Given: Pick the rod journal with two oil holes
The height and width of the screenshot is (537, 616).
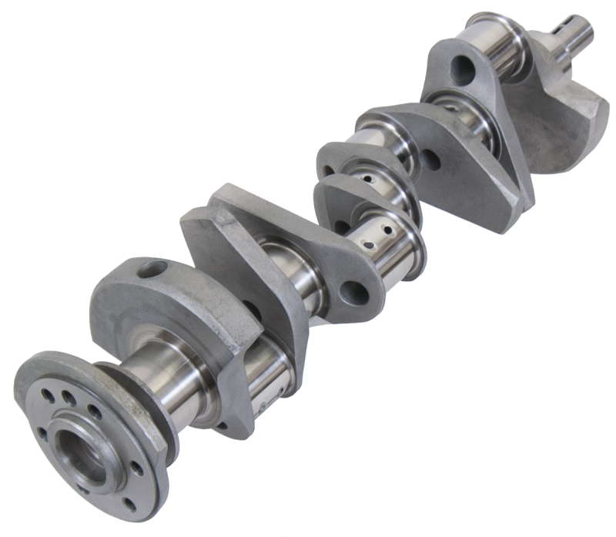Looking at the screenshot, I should [x=385, y=231].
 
